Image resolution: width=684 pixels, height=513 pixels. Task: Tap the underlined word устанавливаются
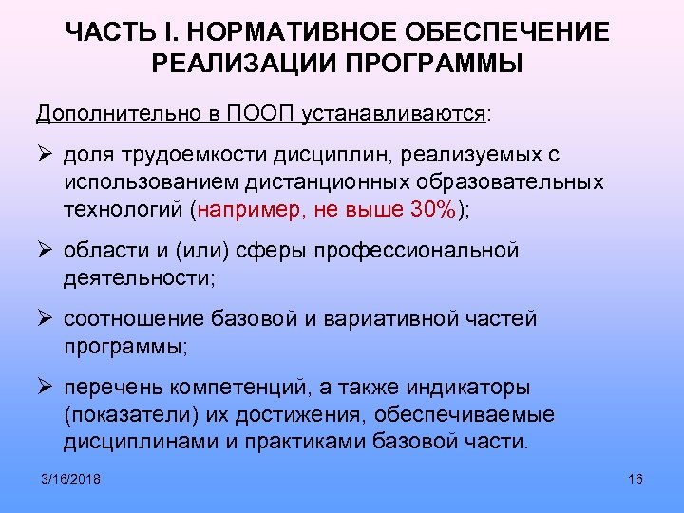coord(392,114)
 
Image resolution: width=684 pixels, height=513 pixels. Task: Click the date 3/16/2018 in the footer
coord(71,478)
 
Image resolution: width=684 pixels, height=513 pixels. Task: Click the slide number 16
coord(636,478)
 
